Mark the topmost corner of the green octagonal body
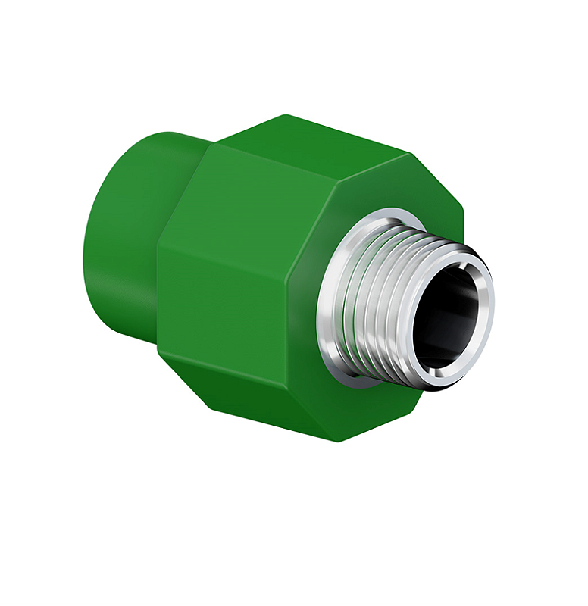point(285,115)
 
